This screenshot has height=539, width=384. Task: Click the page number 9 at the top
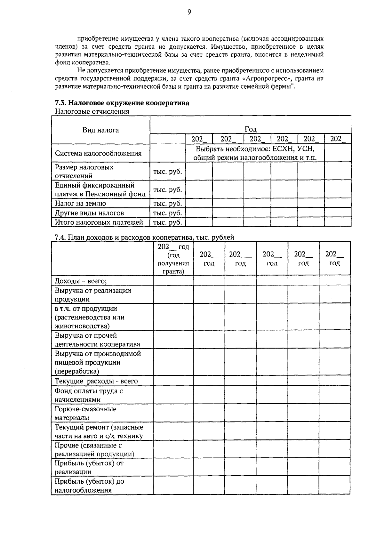(x=189, y=12)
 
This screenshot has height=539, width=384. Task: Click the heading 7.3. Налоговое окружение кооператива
(x=122, y=103)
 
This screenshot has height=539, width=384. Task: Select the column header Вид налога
(x=100, y=130)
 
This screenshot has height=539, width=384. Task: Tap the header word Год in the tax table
(x=251, y=129)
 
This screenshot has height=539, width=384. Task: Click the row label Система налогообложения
(x=98, y=153)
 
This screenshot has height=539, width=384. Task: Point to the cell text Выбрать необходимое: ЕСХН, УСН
(x=255, y=149)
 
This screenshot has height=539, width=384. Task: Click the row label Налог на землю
(x=81, y=203)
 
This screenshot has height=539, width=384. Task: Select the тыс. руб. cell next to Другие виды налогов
(x=167, y=213)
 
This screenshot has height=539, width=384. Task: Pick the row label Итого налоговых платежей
(x=99, y=222)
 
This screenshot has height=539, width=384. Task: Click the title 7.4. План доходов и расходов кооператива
(x=144, y=237)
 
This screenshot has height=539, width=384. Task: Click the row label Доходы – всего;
(x=81, y=281)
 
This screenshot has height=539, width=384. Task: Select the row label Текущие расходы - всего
(x=96, y=381)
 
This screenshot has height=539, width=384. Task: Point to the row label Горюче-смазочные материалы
(x=85, y=413)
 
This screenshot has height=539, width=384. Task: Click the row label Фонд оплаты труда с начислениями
(x=88, y=395)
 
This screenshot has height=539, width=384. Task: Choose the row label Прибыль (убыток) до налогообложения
(x=89, y=486)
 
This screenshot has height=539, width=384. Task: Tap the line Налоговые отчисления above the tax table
(x=92, y=111)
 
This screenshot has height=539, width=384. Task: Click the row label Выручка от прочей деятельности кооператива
(x=97, y=340)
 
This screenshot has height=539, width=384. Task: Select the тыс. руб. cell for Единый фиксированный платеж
(x=167, y=189)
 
